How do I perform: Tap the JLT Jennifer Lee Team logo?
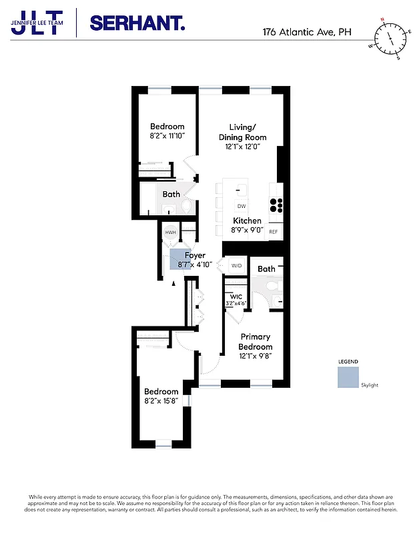(x=37, y=22)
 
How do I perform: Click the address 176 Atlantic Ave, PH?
(x=306, y=31)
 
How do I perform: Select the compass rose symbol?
(x=386, y=38)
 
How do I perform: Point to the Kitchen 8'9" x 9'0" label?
(x=248, y=225)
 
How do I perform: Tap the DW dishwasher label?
(x=242, y=207)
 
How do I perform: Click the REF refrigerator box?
(x=274, y=231)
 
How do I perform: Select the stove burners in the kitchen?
(x=276, y=205)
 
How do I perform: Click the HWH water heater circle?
(x=170, y=233)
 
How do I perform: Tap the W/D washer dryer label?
(x=236, y=266)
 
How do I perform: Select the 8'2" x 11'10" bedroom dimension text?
(x=167, y=135)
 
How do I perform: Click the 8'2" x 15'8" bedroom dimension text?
(x=161, y=401)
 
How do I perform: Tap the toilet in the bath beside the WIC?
(x=272, y=286)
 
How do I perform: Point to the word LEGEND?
(x=348, y=361)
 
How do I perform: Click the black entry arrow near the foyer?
(x=174, y=283)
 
